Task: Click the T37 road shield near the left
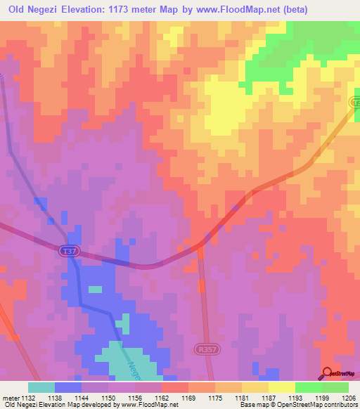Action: point(67,250)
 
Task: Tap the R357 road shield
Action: point(203,349)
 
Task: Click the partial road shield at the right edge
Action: point(356,103)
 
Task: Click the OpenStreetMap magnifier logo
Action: point(328,372)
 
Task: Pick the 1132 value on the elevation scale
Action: point(28,398)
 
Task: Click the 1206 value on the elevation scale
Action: point(349,398)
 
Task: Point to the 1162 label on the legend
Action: point(162,398)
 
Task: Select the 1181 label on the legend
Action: point(242,398)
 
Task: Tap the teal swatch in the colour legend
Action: point(41,387)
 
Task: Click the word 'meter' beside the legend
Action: point(11,398)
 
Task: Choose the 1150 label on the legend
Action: point(108,398)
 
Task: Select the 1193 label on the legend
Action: point(295,398)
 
